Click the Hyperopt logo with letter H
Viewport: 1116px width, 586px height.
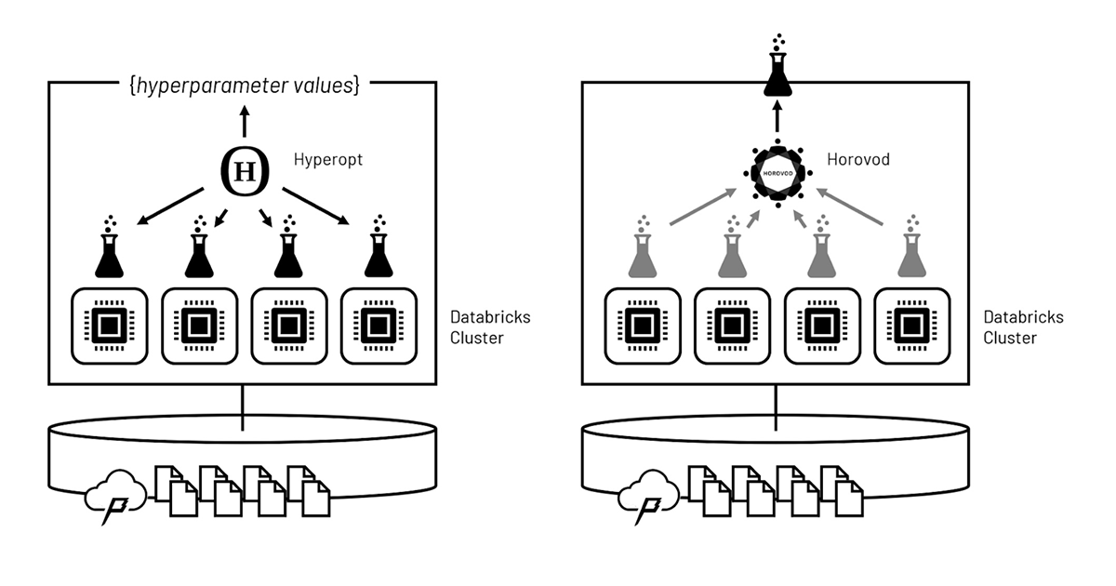pos(245,171)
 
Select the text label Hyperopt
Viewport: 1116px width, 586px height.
pos(327,160)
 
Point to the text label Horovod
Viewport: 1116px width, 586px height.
pos(858,160)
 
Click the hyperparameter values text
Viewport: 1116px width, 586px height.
pos(245,86)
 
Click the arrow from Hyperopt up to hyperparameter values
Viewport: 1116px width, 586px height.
pos(245,122)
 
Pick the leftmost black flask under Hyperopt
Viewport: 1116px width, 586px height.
pos(110,250)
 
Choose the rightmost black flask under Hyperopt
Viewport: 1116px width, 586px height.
pos(377,250)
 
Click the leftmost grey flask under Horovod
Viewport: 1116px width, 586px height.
pos(643,250)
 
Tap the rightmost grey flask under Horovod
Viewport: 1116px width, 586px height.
pos(910,250)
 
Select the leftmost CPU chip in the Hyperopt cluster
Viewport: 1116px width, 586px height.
pos(110,326)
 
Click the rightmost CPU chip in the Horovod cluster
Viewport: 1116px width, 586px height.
pos(910,326)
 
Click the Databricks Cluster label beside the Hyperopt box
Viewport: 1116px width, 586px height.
pos(490,326)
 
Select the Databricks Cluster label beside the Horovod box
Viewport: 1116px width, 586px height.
pos(1023,326)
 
